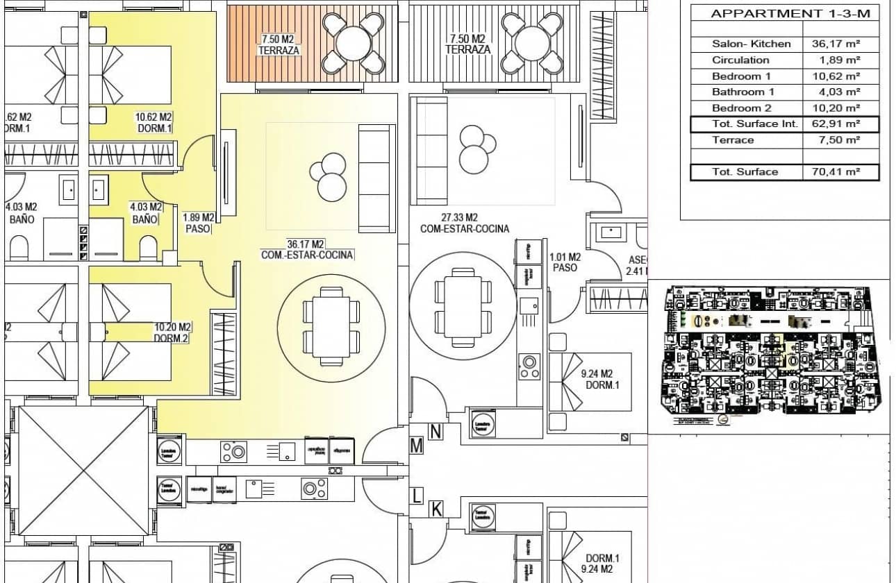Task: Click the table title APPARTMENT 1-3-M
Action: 790,13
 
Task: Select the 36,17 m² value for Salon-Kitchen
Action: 836,44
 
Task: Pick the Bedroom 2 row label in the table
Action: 741,108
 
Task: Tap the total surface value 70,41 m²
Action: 836,172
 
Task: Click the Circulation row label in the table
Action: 740,60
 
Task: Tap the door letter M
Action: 416,446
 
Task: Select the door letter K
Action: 436,509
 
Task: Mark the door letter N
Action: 435,432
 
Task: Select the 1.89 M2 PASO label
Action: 198,223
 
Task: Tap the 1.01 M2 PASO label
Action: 565,262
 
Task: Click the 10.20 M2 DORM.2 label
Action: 172,332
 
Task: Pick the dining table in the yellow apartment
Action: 331,326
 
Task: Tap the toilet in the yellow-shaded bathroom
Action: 149,248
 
